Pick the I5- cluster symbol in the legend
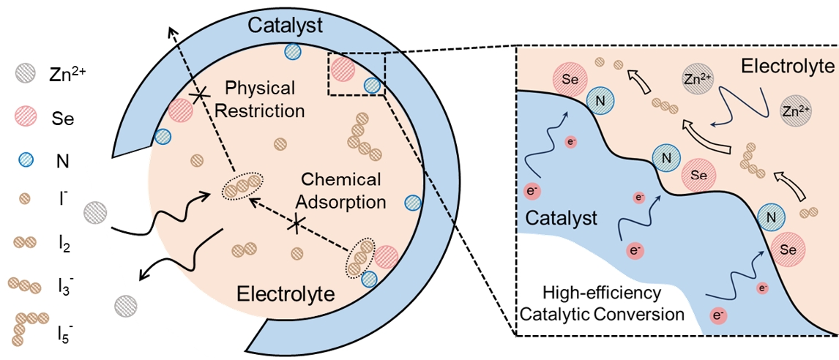[27, 324]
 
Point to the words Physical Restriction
[260, 100]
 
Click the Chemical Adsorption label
[342, 190]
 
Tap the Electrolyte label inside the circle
[286, 295]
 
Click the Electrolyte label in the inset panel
[787, 67]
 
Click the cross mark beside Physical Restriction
[196, 95]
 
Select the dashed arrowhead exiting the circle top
[171, 30]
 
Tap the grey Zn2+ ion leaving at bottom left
[125, 304]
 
